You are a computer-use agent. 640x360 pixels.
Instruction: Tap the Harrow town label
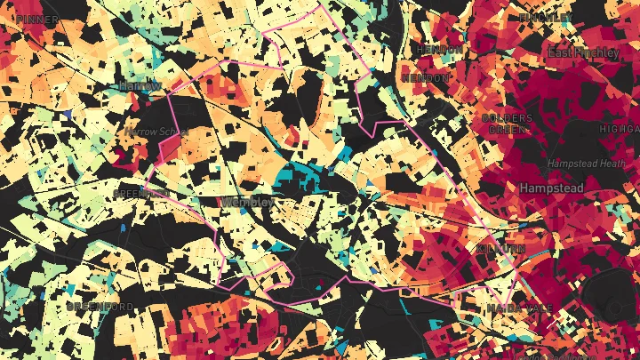tap(140, 85)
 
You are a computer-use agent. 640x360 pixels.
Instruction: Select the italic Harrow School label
tap(156, 131)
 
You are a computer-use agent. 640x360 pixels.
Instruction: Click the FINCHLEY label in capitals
tap(546, 18)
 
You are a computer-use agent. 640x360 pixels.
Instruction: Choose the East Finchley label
tap(583, 52)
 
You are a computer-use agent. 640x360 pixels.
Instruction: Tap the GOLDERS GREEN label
tap(507, 124)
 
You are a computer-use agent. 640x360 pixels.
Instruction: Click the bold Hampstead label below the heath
tap(551, 188)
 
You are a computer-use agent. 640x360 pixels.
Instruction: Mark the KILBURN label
tap(501, 250)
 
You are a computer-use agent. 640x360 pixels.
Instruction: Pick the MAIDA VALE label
tap(519, 308)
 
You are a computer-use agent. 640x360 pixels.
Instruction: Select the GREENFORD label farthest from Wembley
tap(100, 307)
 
